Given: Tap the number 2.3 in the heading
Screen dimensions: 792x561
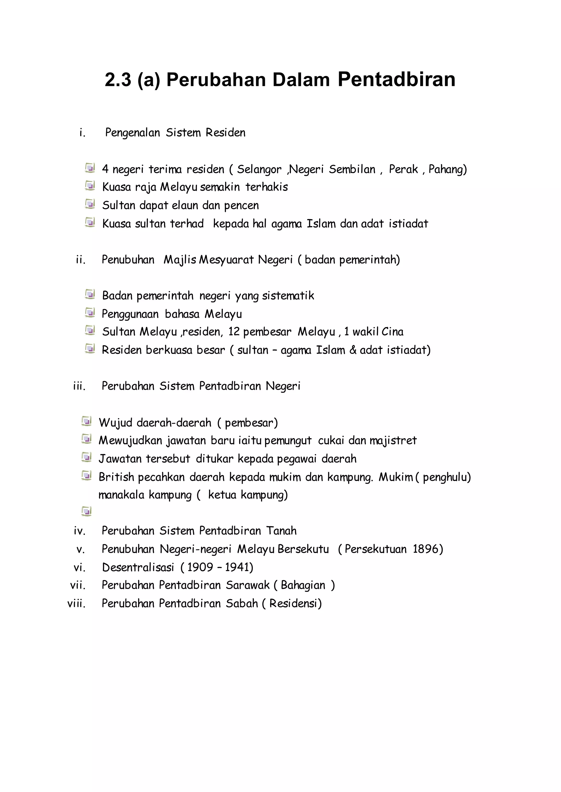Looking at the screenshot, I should (x=118, y=79).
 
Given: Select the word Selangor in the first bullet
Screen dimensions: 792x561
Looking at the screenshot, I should (x=259, y=169).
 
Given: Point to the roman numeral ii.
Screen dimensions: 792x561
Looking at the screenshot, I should (x=80, y=260).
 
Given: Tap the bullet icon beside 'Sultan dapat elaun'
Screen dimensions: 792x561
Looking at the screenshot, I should (x=90, y=204).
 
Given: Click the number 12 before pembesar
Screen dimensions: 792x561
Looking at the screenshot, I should (x=234, y=332).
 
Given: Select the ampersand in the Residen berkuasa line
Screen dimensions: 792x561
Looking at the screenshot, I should (x=353, y=350).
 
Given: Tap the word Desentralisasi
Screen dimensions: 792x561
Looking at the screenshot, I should (x=138, y=567).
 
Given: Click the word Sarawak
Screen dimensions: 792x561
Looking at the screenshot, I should (x=247, y=585).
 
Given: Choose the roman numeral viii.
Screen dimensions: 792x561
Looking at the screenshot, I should (x=76, y=603).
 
